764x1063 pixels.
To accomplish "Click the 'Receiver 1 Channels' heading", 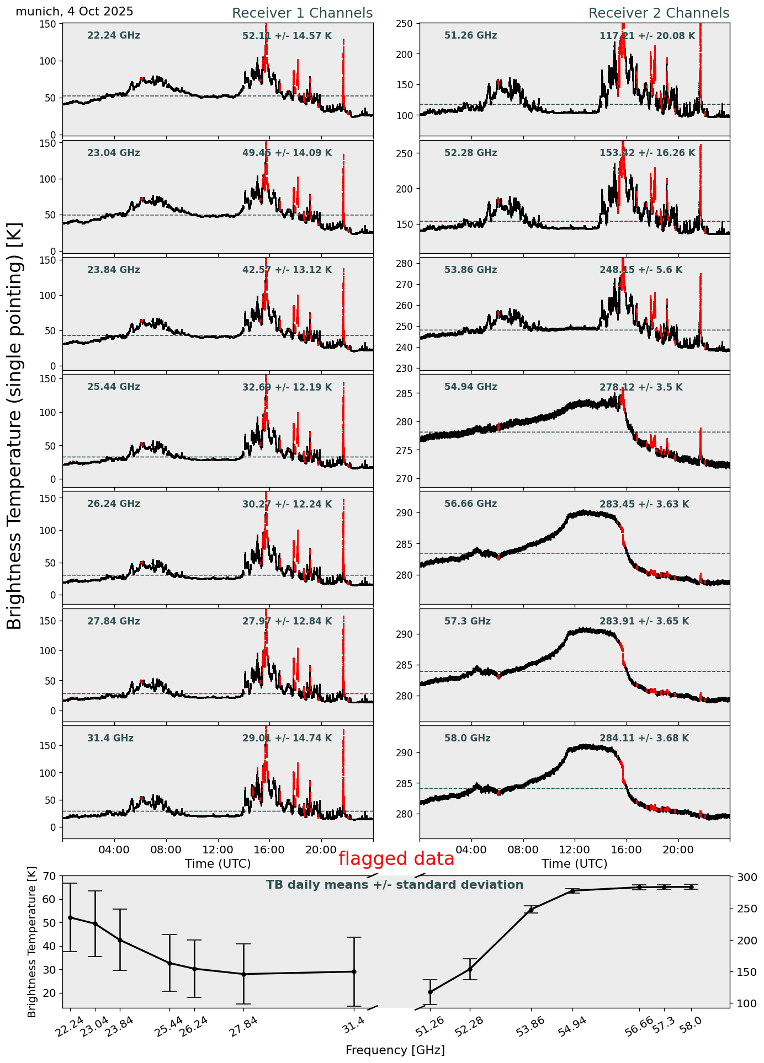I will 302,13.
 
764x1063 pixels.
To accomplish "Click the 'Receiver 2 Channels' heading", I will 659,13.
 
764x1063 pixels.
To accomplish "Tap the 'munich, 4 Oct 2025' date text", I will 75,12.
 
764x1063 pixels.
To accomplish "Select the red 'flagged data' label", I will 396,859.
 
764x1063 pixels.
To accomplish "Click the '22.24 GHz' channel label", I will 114,36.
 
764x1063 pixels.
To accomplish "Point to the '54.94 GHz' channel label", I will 470,387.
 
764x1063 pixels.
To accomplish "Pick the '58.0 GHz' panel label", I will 467,738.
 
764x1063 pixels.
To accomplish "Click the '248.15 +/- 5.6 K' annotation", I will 640,270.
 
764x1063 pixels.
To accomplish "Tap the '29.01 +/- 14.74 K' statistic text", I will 287,738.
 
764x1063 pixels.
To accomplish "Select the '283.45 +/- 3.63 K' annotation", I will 644,504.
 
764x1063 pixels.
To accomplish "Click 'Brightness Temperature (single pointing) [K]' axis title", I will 15,425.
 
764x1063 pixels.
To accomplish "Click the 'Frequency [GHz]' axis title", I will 395,1050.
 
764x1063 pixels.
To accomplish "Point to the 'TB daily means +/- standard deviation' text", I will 395,885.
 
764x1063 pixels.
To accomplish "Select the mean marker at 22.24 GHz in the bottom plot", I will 70,917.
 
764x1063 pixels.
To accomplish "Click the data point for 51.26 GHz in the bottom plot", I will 430,992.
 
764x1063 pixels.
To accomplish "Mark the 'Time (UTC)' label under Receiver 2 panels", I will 574,863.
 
